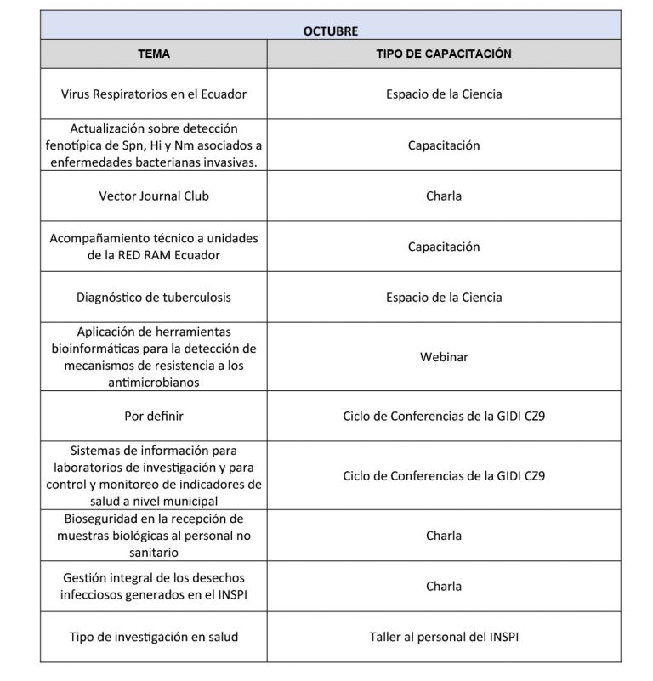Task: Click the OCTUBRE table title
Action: pyautogui.click(x=331, y=31)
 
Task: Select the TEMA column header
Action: pyautogui.click(x=154, y=54)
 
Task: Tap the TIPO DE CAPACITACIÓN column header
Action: pyautogui.click(x=443, y=54)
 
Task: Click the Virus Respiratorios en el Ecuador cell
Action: pyautogui.click(x=154, y=94)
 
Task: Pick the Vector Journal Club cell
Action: pyautogui.click(x=154, y=196)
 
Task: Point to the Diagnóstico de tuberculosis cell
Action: pyautogui.click(x=154, y=298)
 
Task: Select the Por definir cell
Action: pyautogui.click(x=154, y=417)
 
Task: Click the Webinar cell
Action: pyautogui.click(x=443, y=357)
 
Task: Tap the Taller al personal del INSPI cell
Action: pyautogui.click(x=443, y=637)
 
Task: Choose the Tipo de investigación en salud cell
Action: pyautogui.click(x=154, y=637)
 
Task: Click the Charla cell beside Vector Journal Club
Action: pyautogui.click(x=443, y=196)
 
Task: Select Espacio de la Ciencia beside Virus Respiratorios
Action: pyautogui.click(x=443, y=94)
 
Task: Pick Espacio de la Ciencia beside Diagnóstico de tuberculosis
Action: pyautogui.click(x=443, y=298)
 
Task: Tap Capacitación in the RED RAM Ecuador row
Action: pyautogui.click(x=443, y=247)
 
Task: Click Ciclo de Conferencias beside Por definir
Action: pyautogui.click(x=443, y=417)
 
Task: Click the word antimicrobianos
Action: pyautogui.click(x=154, y=382)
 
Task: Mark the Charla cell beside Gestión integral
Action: pyautogui.click(x=443, y=586)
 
